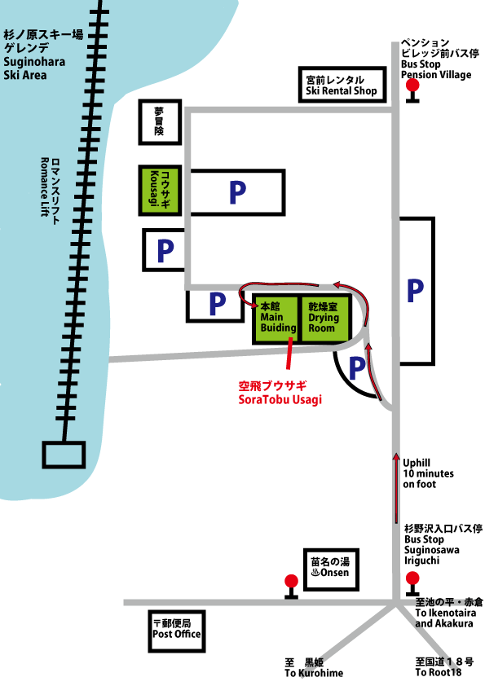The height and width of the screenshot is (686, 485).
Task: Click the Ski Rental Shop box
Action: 342,85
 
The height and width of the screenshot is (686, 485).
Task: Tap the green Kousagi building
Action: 160,191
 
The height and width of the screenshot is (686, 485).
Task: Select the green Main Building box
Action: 276,319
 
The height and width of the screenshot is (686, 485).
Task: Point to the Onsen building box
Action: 332,569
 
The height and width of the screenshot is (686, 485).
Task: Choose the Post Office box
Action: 176,631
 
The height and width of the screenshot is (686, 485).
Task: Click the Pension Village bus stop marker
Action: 412,91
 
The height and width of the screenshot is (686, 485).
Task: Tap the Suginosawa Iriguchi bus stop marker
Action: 412,583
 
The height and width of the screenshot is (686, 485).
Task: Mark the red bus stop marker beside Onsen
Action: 291,587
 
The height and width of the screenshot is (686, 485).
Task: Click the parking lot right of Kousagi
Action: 238,192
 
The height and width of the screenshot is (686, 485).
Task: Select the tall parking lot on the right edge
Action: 417,291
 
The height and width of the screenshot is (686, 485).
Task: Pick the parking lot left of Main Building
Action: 215,305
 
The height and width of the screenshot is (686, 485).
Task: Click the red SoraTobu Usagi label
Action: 280,393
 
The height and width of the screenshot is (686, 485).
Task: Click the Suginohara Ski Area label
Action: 43,55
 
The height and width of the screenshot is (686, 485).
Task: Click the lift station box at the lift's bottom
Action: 64,455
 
